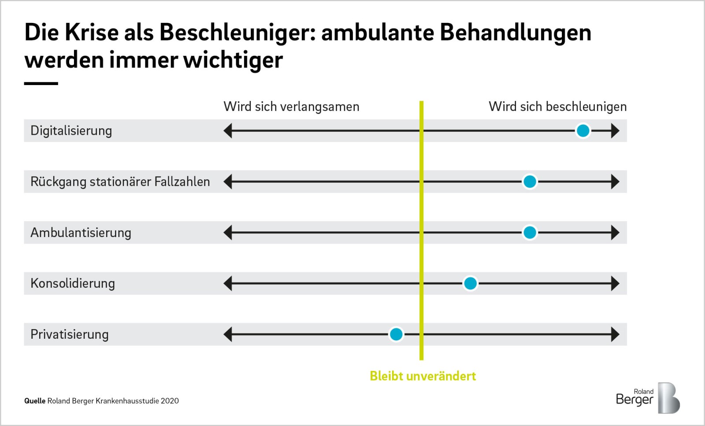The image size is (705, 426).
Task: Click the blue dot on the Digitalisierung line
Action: tap(583, 130)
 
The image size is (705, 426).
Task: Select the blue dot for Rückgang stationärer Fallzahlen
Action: tap(530, 182)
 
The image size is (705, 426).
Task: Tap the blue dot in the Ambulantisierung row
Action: tap(530, 233)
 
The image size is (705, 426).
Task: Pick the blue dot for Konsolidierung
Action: tap(470, 283)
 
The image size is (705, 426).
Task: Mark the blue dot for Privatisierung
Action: tap(396, 334)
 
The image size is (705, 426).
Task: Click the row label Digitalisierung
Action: tap(71, 131)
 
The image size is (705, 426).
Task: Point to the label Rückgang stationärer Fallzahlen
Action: tap(120, 182)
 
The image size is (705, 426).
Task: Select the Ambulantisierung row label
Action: tap(81, 233)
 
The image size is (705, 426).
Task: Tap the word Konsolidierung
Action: tap(73, 283)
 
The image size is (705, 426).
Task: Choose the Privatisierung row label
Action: tap(70, 334)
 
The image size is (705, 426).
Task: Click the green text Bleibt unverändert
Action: tap(423, 376)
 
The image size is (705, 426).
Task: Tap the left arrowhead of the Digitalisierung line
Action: tap(227, 130)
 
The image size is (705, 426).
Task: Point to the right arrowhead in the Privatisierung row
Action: tap(615, 334)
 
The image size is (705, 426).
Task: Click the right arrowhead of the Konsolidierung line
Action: tap(615, 283)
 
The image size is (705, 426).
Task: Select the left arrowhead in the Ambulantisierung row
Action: tap(227, 233)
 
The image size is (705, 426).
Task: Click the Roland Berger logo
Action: tap(648, 398)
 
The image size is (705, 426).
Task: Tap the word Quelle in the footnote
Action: tap(35, 401)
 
